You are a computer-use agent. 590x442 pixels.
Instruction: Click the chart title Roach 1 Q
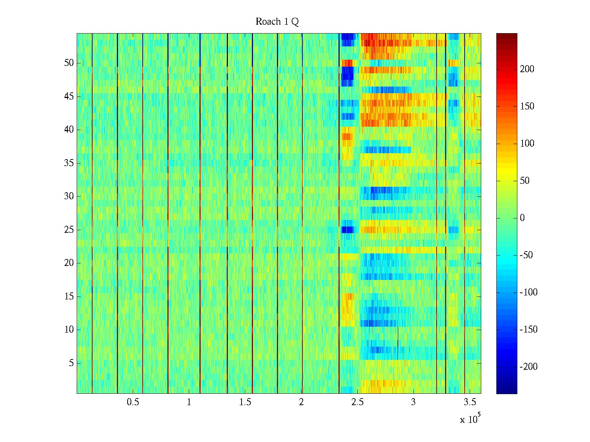(277, 21)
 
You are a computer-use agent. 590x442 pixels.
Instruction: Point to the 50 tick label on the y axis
(69, 63)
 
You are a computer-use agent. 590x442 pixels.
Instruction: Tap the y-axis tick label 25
(69, 230)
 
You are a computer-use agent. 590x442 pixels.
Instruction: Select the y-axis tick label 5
(71, 363)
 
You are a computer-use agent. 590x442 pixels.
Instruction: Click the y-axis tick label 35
(69, 163)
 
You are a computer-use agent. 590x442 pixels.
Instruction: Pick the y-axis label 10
(69, 330)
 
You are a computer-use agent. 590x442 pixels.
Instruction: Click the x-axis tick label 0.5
(133, 402)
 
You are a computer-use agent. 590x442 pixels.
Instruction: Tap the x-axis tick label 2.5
(357, 402)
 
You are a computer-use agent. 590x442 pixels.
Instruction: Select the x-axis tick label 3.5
(469, 402)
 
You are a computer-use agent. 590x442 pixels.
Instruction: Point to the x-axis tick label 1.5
(245, 402)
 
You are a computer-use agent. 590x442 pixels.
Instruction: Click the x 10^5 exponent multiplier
(470, 419)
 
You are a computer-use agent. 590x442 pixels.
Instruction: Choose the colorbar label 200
(527, 69)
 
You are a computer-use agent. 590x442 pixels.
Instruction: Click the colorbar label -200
(528, 366)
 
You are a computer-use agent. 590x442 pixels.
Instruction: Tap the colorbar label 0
(522, 218)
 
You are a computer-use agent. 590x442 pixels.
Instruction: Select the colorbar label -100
(528, 292)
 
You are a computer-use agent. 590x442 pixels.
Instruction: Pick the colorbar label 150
(527, 106)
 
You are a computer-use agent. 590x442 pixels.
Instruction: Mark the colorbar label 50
(525, 180)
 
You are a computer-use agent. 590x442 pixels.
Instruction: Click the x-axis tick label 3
(413, 402)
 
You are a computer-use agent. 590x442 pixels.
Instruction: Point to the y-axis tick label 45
(69, 97)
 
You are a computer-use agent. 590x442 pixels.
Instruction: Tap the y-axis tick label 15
(69, 296)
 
